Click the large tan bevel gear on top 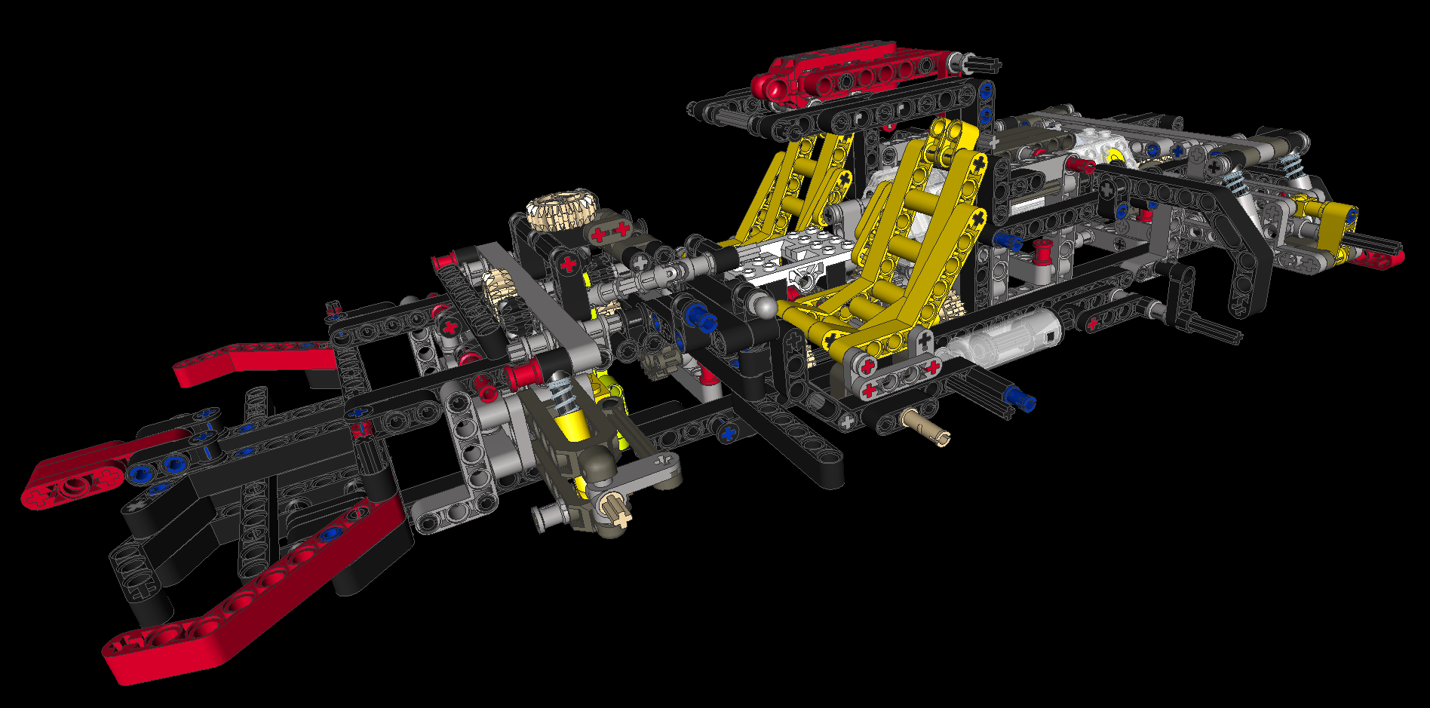pos(562,210)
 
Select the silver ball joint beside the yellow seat pos(765,306)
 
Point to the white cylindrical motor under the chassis pos(1003,339)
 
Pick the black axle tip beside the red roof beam pos(984,65)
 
